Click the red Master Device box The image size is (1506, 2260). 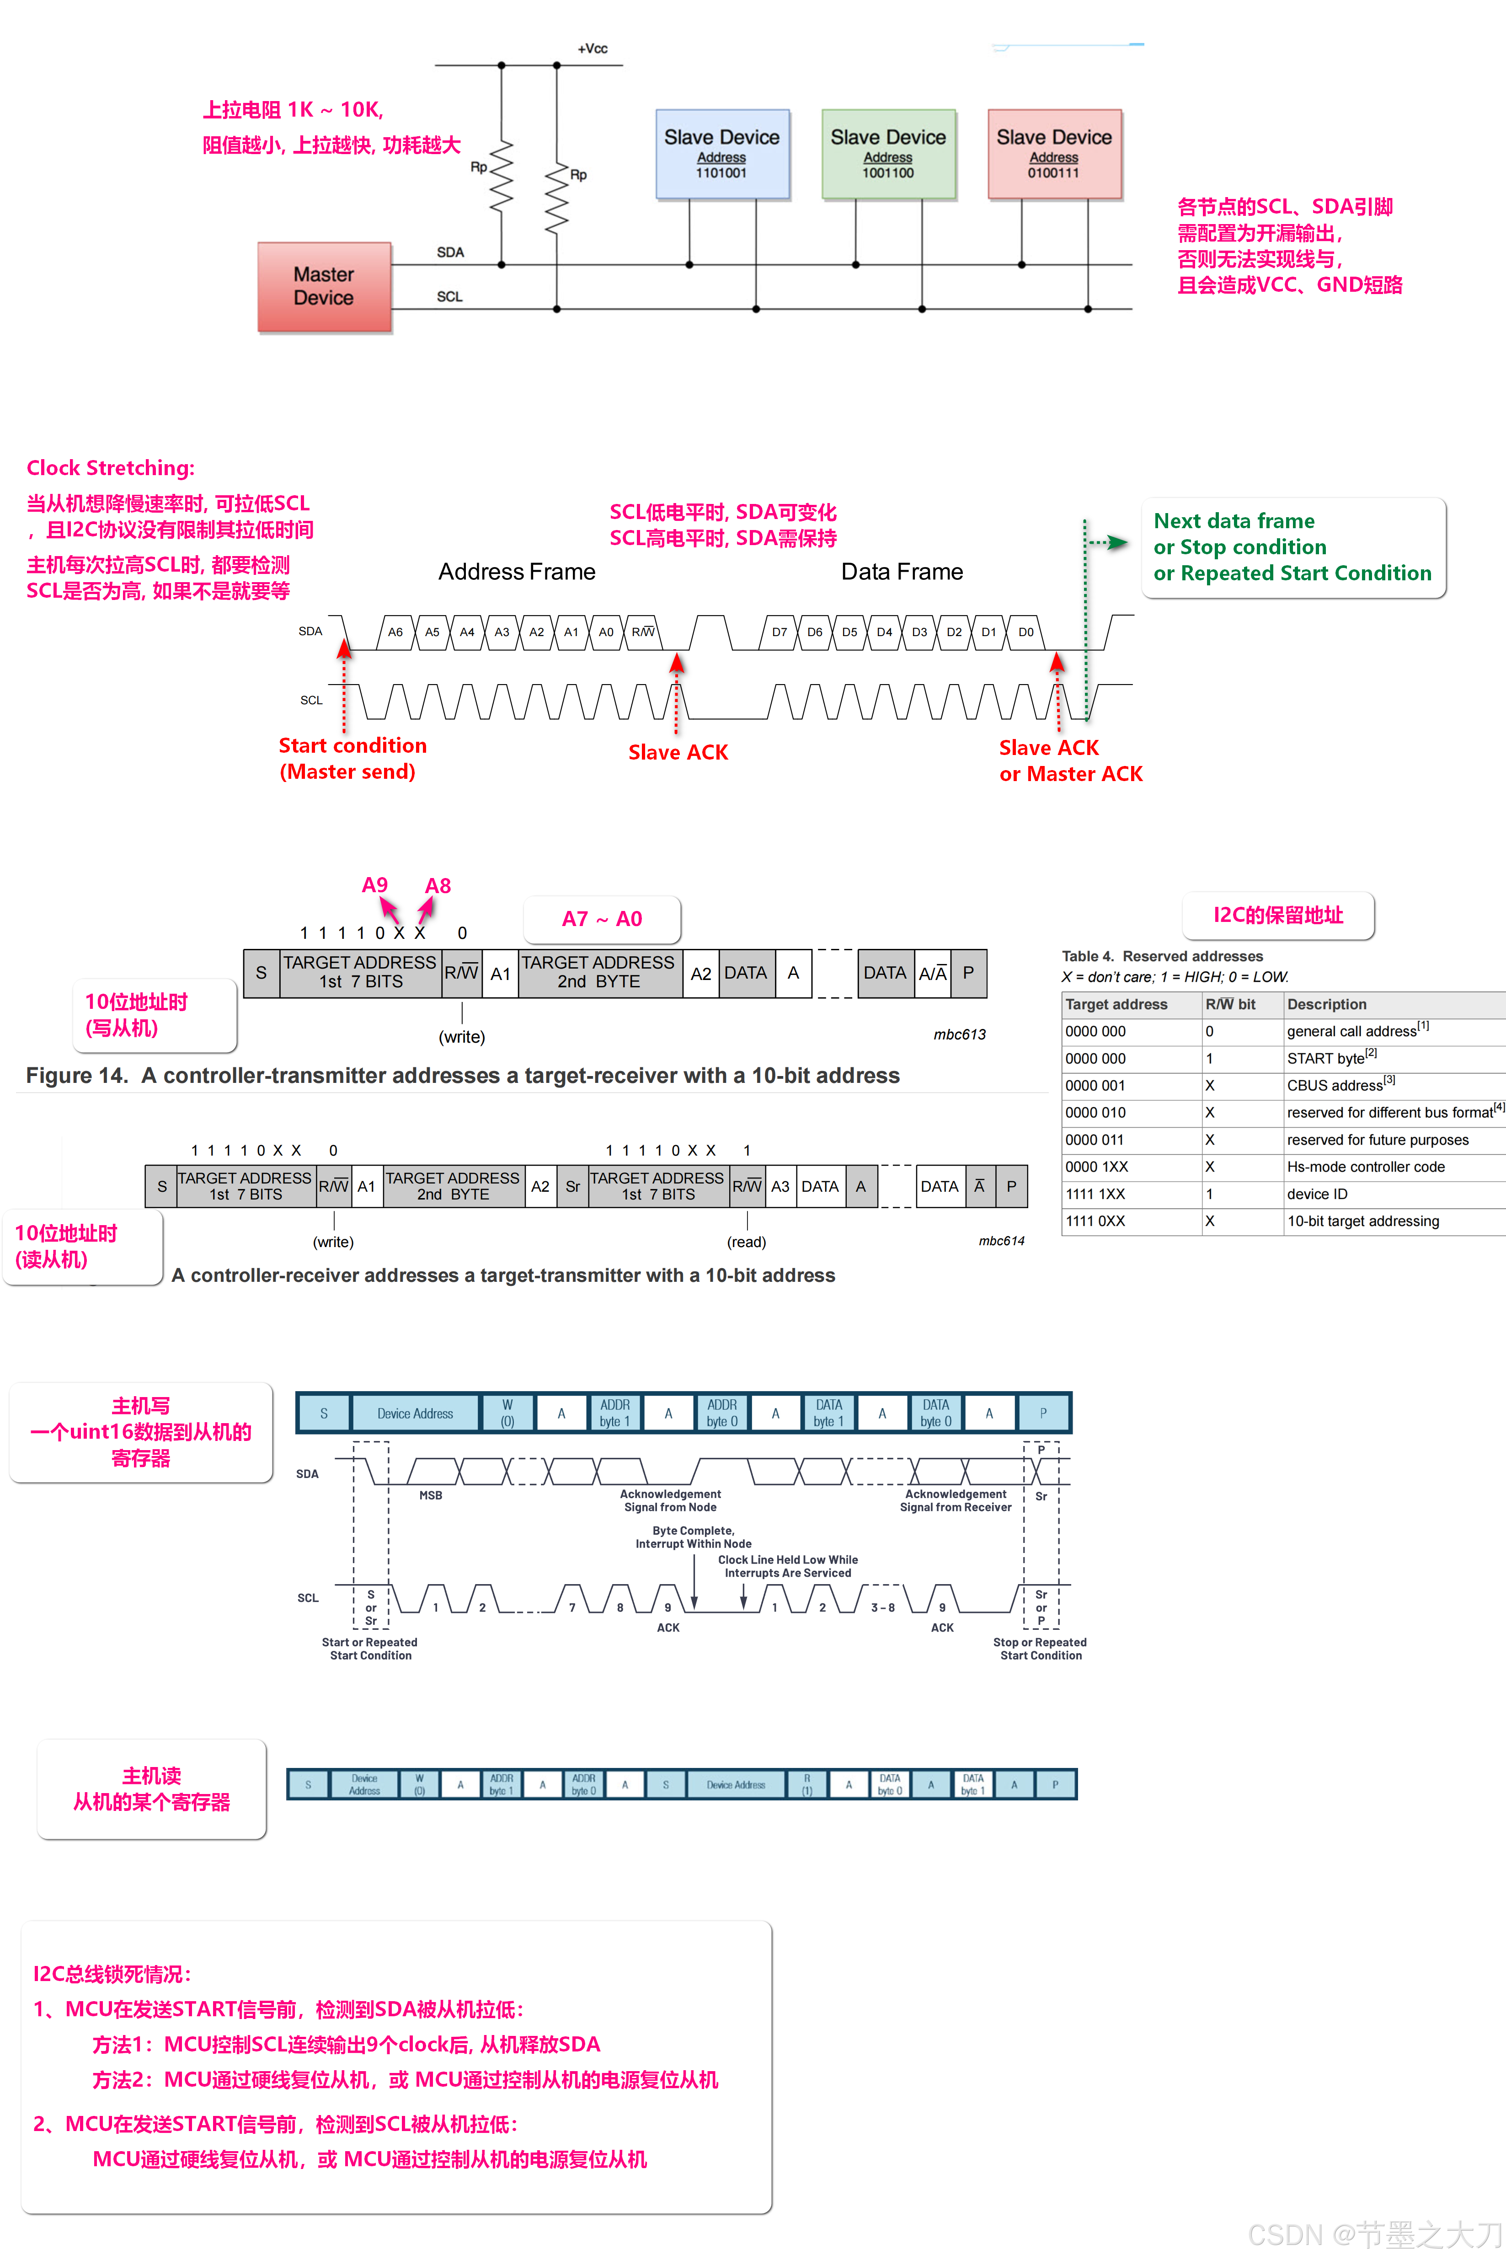324,286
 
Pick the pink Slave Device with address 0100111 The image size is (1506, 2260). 1054,154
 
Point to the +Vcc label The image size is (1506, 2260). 593,48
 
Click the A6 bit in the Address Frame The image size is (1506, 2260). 395,632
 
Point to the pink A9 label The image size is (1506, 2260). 374,884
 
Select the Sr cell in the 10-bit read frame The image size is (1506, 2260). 572,1186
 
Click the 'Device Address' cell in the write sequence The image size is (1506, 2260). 415,1413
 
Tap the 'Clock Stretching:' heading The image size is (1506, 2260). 111,468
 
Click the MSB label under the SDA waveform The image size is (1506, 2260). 430,1495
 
